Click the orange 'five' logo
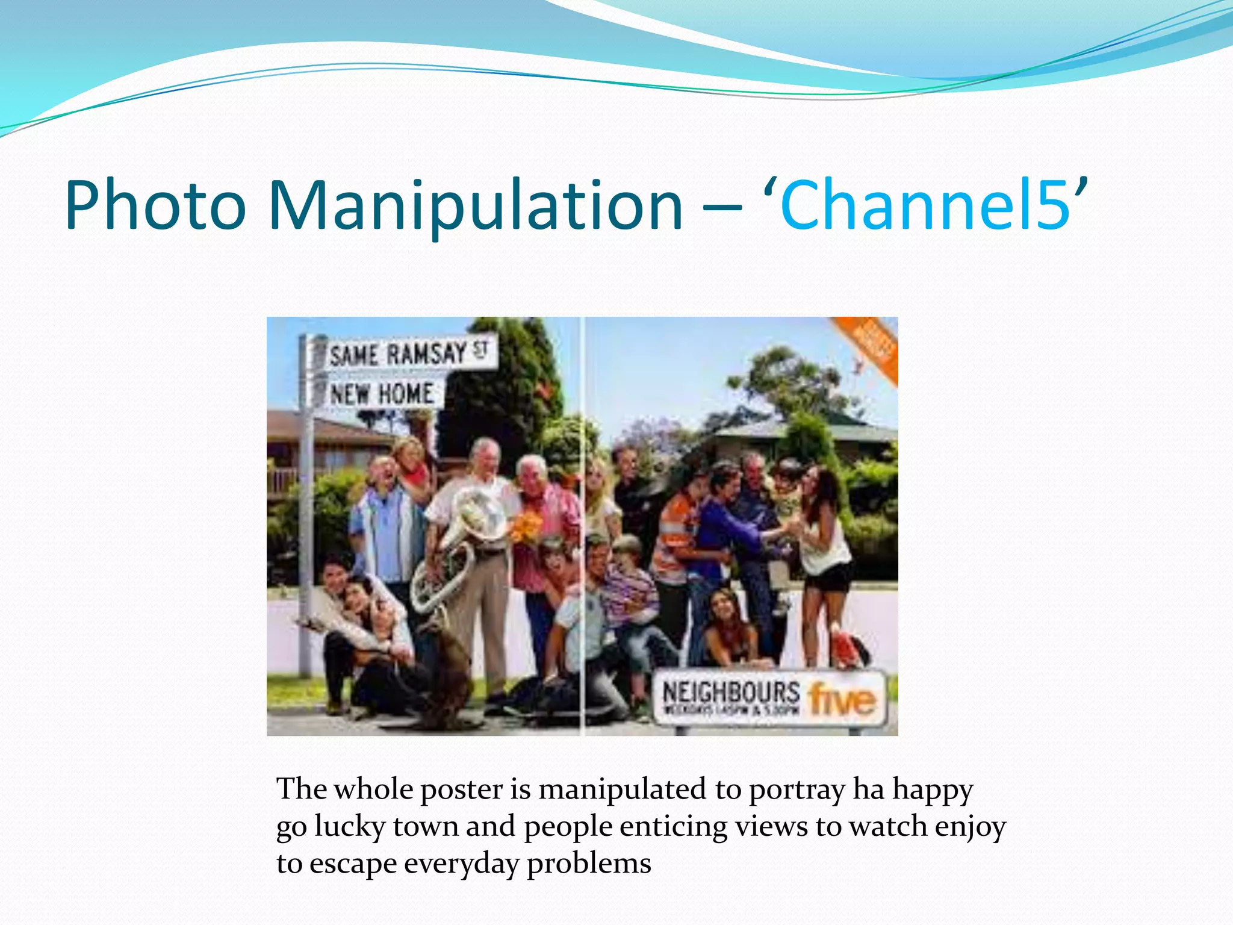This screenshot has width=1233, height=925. tap(842, 699)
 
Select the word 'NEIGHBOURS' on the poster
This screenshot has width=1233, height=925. tap(731, 691)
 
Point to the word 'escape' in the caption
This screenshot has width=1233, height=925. tap(352, 864)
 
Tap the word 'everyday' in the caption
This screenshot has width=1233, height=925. tap(461, 864)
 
